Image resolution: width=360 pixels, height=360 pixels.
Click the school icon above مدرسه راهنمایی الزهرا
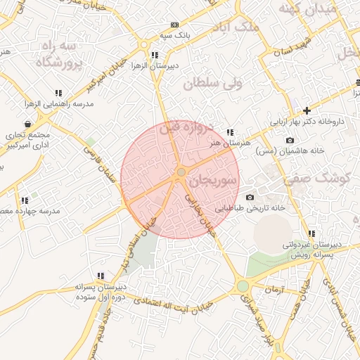click(x=58, y=93)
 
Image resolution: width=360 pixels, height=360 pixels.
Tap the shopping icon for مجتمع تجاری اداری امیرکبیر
click(x=27, y=124)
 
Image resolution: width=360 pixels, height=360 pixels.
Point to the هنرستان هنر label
click(x=225, y=143)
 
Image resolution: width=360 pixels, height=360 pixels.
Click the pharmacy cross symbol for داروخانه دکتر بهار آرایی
click(x=307, y=110)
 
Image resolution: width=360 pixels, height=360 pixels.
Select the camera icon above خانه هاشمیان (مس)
click(x=290, y=141)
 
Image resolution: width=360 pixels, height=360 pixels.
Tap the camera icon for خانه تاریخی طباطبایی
click(x=250, y=198)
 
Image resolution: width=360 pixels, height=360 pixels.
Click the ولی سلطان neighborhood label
click(x=212, y=84)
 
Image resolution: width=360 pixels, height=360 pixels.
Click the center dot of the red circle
click(x=181, y=172)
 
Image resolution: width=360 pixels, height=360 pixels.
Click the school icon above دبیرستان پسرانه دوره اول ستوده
click(x=101, y=276)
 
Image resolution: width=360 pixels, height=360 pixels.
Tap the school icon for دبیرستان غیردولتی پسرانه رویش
click(x=311, y=233)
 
